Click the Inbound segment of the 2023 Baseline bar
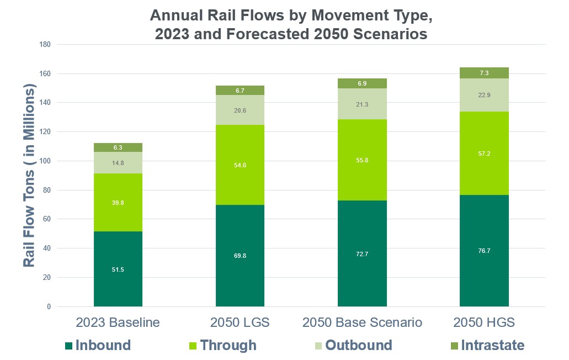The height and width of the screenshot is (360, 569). point(118,260)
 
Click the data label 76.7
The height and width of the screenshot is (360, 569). point(484,250)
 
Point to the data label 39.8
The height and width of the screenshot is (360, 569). point(118,203)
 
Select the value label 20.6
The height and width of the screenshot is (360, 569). point(240,110)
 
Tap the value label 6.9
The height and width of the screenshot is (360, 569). point(362,83)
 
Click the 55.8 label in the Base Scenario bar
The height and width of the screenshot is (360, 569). point(362,160)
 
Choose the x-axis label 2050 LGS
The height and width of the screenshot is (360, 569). point(240,322)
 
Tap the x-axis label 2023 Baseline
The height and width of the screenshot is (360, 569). point(118,322)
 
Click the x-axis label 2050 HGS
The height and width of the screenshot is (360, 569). point(484,322)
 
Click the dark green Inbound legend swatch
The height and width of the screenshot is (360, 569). point(68,346)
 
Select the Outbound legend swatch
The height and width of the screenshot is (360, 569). point(318,346)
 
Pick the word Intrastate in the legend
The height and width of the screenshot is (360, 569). point(492,346)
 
